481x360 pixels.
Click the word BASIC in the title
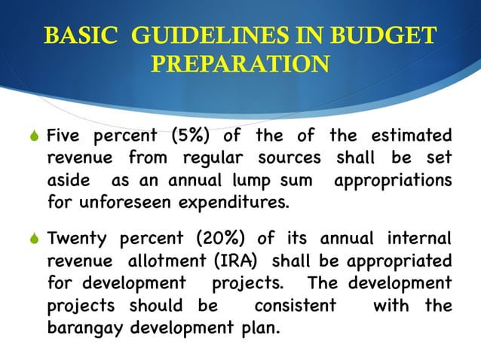click(x=75, y=35)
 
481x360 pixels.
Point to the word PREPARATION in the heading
click(x=240, y=63)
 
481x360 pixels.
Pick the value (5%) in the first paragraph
click(x=198, y=136)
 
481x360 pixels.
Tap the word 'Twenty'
click(x=75, y=239)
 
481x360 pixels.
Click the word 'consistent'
click(x=295, y=306)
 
